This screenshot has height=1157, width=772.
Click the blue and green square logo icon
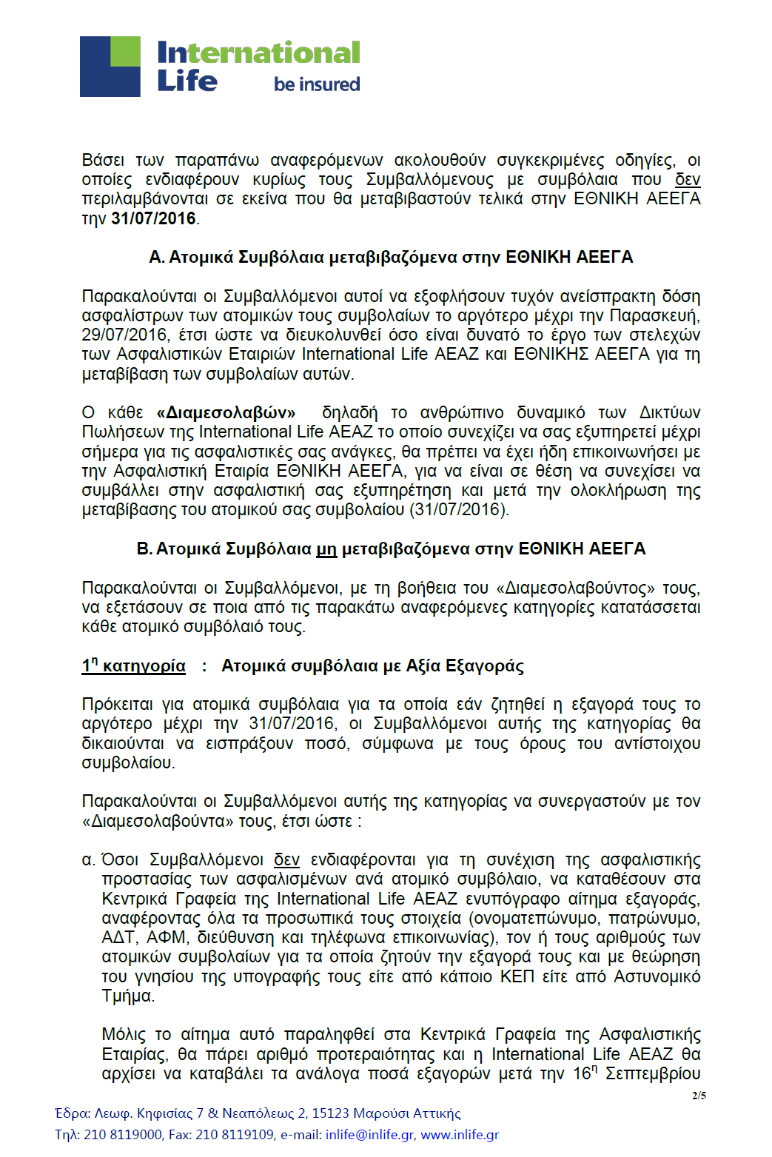[x=110, y=67]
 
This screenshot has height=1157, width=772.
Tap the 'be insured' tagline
[x=317, y=84]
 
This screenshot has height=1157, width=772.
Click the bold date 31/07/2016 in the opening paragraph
[x=153, y=219]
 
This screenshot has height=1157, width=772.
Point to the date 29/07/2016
[x=124, y=335]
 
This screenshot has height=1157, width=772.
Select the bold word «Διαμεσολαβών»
[x=226, y=413]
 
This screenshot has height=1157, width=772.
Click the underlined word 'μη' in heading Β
[x=326, y=549]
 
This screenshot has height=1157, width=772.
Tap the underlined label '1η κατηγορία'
[x=134, y=666]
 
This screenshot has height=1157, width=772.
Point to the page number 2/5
[x=699, y=1096]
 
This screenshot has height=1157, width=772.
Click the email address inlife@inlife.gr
[x=370, y=1135]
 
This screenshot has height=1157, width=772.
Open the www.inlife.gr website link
[x=460, y=1135]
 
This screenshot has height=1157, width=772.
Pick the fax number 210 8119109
[x=235, y=1135]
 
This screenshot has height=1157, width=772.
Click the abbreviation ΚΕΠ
[x=517, y=977]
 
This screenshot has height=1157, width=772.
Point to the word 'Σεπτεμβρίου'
[x=653, y=1074]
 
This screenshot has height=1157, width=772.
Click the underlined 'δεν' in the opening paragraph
[x=688, y=180]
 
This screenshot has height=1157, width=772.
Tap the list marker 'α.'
[x=89, y=860]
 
